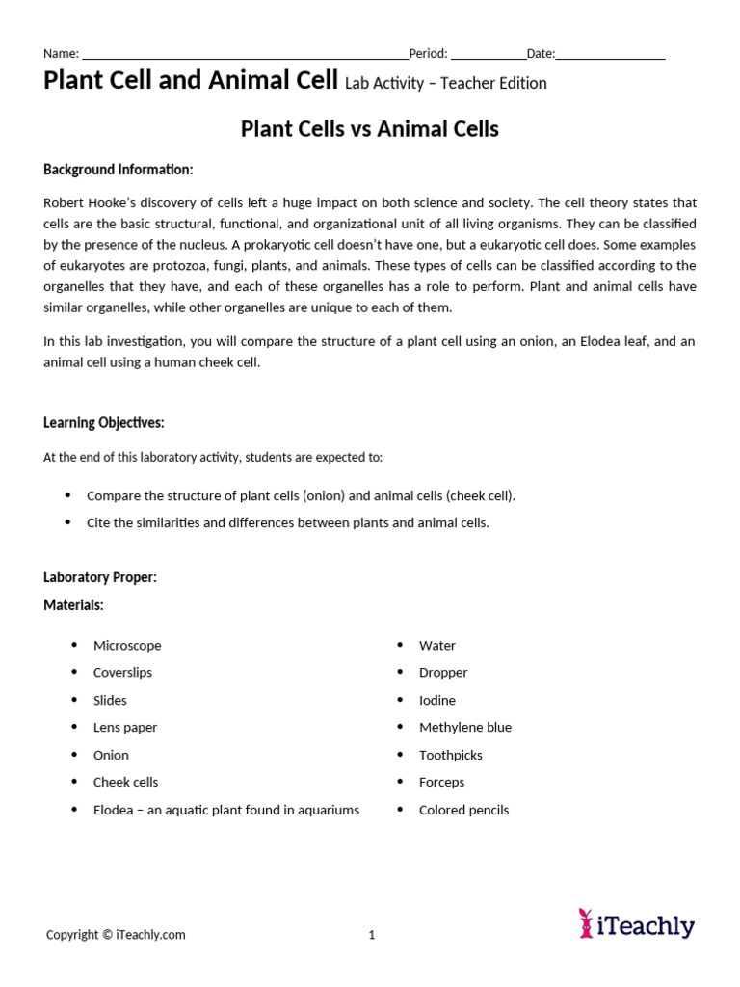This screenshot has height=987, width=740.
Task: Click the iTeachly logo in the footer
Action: point(636,924)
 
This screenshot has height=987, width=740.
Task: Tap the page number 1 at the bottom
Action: point(372,934)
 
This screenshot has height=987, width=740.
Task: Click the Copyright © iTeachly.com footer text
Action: point(116,934)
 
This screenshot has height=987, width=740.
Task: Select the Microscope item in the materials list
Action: point(127,645)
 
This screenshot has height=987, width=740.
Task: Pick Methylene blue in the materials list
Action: point(465,727)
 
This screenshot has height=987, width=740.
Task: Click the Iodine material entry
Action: point(437,700)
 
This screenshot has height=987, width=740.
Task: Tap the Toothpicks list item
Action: point(451,755)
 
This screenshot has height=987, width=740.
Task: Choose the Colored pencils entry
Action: point(463,810)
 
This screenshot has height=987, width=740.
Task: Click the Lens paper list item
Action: point(125,727)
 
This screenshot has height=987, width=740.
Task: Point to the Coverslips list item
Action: point(122,672)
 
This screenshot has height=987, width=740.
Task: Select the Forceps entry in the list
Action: point(441,782)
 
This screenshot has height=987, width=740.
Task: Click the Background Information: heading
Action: point(119,170)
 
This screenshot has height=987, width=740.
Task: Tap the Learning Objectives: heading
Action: point(104,422)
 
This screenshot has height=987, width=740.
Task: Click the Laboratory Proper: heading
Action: point(100,576)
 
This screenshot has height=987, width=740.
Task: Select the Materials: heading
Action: point(73,604)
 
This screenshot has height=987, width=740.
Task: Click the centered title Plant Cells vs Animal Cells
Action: point(369,129)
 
